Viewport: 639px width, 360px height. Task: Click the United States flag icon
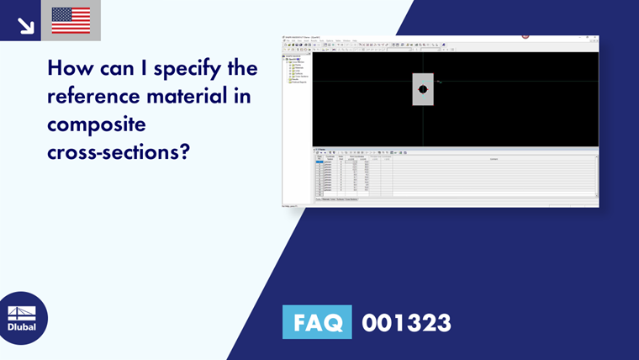pos(71,20)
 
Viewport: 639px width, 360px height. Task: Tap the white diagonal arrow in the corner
pos(25,25)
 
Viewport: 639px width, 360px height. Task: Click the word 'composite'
pos(97,125)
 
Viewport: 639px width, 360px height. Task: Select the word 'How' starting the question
pos(68,67)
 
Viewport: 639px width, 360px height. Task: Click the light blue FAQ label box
pos(317,322)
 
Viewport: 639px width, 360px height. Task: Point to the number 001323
pos(406,322)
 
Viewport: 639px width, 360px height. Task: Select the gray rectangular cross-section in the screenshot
pos(423,89)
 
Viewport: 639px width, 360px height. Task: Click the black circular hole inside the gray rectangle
pos(423,88)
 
